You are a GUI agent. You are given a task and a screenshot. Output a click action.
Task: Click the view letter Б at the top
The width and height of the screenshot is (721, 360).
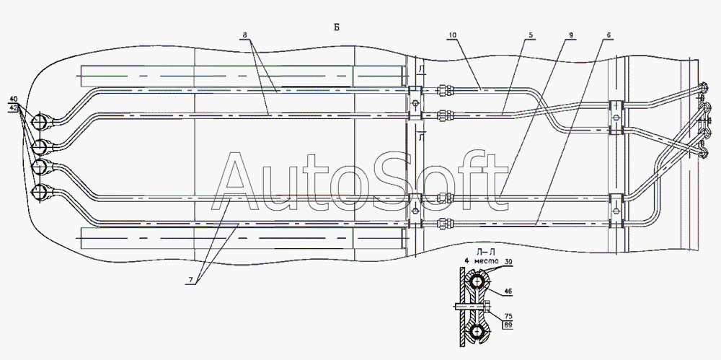[x=336, y=27]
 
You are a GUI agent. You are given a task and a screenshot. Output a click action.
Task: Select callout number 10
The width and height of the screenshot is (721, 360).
[x=453, y=36]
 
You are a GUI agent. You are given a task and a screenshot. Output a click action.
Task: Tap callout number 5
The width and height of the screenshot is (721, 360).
[x=530, y=36]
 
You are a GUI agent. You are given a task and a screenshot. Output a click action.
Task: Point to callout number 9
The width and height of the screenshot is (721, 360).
[x=570, y=36]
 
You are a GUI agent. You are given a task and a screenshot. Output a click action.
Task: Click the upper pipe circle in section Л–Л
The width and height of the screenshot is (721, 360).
[x=478, y=282]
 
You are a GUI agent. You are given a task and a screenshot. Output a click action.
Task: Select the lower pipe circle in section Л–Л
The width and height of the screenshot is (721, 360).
[x=478, y=333]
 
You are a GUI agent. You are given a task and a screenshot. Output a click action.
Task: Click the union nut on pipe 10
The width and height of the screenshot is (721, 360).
[x=447, y=90]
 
